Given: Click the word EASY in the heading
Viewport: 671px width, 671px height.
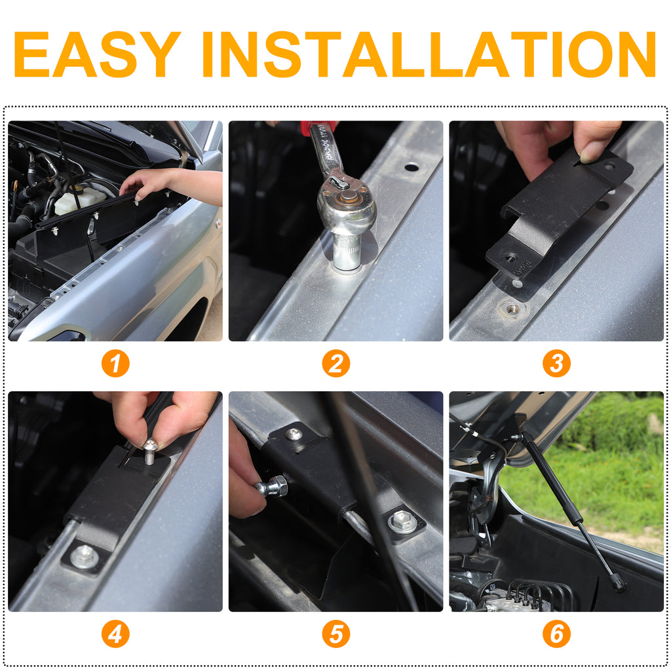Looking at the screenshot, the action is (97, 54).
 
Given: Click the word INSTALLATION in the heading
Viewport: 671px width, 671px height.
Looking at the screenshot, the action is (429, 54).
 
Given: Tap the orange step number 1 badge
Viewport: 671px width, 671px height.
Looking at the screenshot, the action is (115, 363).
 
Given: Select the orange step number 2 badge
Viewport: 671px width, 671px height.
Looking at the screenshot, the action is (336, 363).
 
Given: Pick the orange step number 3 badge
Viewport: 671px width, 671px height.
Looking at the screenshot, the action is (556, 363).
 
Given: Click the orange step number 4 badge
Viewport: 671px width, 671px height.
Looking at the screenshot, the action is (115, 634).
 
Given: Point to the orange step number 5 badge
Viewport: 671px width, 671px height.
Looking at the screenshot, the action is (336, 634).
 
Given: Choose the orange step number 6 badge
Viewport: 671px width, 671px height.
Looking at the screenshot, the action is (556, 634).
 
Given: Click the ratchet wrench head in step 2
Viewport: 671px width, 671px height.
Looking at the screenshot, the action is (347, 205).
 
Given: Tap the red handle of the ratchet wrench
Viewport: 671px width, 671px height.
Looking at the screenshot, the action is (316, 128).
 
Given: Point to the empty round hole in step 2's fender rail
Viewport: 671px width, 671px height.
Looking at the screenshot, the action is (412, 167).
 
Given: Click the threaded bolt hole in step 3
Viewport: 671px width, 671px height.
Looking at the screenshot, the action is (512, 308).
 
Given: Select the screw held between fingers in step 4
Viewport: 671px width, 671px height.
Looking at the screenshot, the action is (150, 452).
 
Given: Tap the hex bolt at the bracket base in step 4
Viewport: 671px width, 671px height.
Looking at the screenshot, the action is (85, 557).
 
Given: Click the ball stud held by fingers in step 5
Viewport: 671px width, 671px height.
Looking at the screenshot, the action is (271, 487).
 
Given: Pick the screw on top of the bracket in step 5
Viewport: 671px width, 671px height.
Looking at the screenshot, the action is (294, 435).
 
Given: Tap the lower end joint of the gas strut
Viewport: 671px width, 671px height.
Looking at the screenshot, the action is (617, 583).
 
